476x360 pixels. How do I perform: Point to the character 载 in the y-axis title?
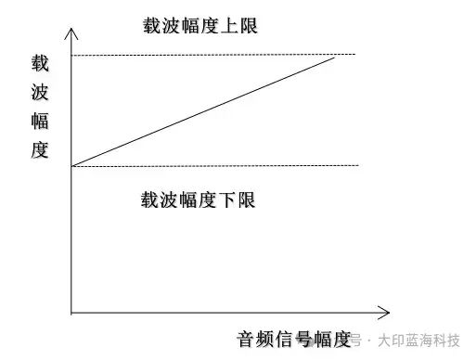coord(39,64)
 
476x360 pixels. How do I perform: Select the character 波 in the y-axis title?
coord(39,93)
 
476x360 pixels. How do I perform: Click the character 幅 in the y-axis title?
coord(39,122)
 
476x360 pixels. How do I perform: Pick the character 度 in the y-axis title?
coord(39,149)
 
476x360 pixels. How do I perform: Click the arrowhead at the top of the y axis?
coord(71,32)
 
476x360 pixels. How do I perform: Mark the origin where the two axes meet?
coord(71,312)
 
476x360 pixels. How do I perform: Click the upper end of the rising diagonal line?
coord(335,58)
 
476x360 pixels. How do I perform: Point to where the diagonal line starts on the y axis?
coord(72,166)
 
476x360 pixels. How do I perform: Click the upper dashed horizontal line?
coord(213,56)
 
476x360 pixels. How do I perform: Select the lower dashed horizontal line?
coord(213,166)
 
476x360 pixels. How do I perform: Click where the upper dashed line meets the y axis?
coord(71,56)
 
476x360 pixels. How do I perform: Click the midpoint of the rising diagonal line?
coord(203,112)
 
